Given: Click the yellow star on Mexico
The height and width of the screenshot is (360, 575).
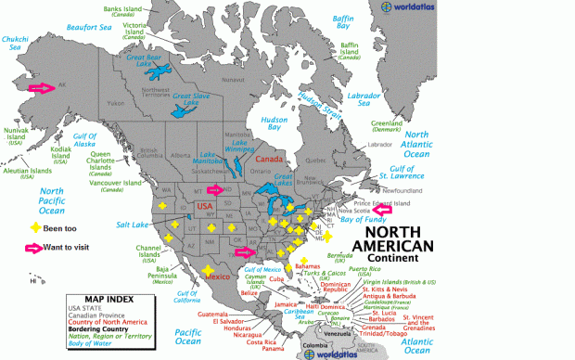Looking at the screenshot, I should point(206,271).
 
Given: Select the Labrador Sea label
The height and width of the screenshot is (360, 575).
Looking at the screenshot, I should point(364,96).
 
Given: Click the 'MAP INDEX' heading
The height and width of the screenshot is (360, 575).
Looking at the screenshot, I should point(98,301).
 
